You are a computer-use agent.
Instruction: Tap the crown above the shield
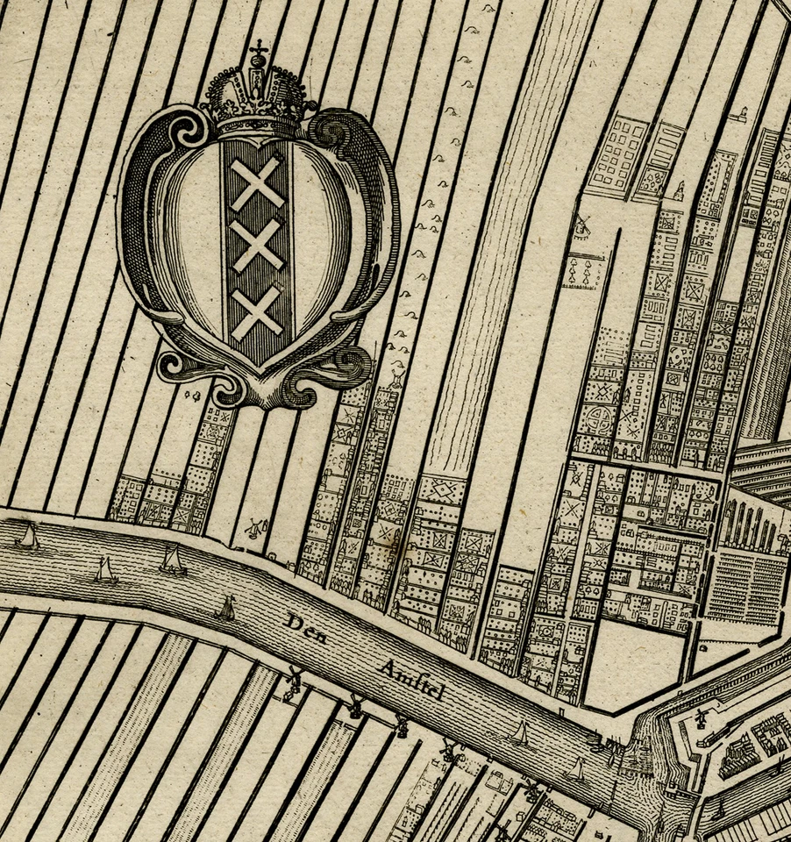[x=258, y=98]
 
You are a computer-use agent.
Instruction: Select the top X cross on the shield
[x=257, y=182]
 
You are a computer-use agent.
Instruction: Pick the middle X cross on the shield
[x=257, y=245]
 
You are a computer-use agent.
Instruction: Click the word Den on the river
[x=306, y=628]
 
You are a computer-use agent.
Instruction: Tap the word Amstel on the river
[x=412, y=681]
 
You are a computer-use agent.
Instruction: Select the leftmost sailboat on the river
[x=27, y=537]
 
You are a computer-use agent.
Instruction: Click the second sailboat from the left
[x=105, y=570]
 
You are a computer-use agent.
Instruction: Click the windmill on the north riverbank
[x=253, y=528]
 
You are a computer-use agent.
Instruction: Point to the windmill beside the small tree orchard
[x=581, y=227]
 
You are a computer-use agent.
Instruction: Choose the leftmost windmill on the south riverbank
[x=295, y=681]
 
